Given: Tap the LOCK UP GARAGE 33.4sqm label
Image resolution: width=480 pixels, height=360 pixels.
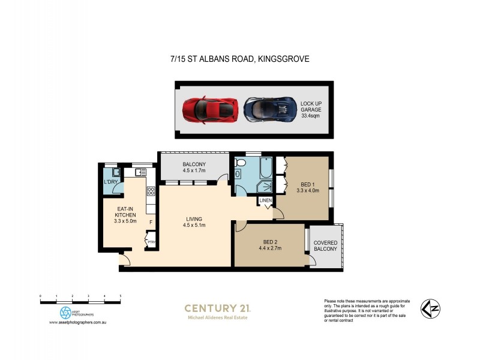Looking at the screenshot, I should tap(311, 110).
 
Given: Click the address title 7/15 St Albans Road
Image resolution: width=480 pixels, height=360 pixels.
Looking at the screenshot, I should tap(239, 59).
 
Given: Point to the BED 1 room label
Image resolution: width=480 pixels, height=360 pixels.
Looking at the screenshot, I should tap(307, 187).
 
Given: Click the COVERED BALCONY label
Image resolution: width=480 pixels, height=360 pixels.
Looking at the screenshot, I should tap(325, 245).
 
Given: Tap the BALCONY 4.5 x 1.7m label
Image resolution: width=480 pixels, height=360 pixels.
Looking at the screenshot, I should tap(194, 167).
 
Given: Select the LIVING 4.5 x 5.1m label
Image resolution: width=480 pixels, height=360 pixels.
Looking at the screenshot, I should tap(194, 222).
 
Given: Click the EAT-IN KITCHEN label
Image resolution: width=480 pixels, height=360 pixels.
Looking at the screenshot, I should tap(126, 214).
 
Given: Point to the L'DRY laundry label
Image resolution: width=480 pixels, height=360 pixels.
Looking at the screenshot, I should tap(110, 182).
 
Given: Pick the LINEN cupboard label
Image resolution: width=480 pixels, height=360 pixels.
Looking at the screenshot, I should tap(266, 200).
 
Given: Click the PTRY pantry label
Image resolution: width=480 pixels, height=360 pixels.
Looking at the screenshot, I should tap(151, 242).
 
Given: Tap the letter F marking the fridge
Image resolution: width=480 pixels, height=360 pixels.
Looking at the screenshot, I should tap(151, 222).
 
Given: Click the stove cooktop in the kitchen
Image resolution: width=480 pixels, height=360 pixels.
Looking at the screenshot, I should tap(151, 192).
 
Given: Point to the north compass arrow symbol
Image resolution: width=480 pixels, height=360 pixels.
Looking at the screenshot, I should tap(428, 308).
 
